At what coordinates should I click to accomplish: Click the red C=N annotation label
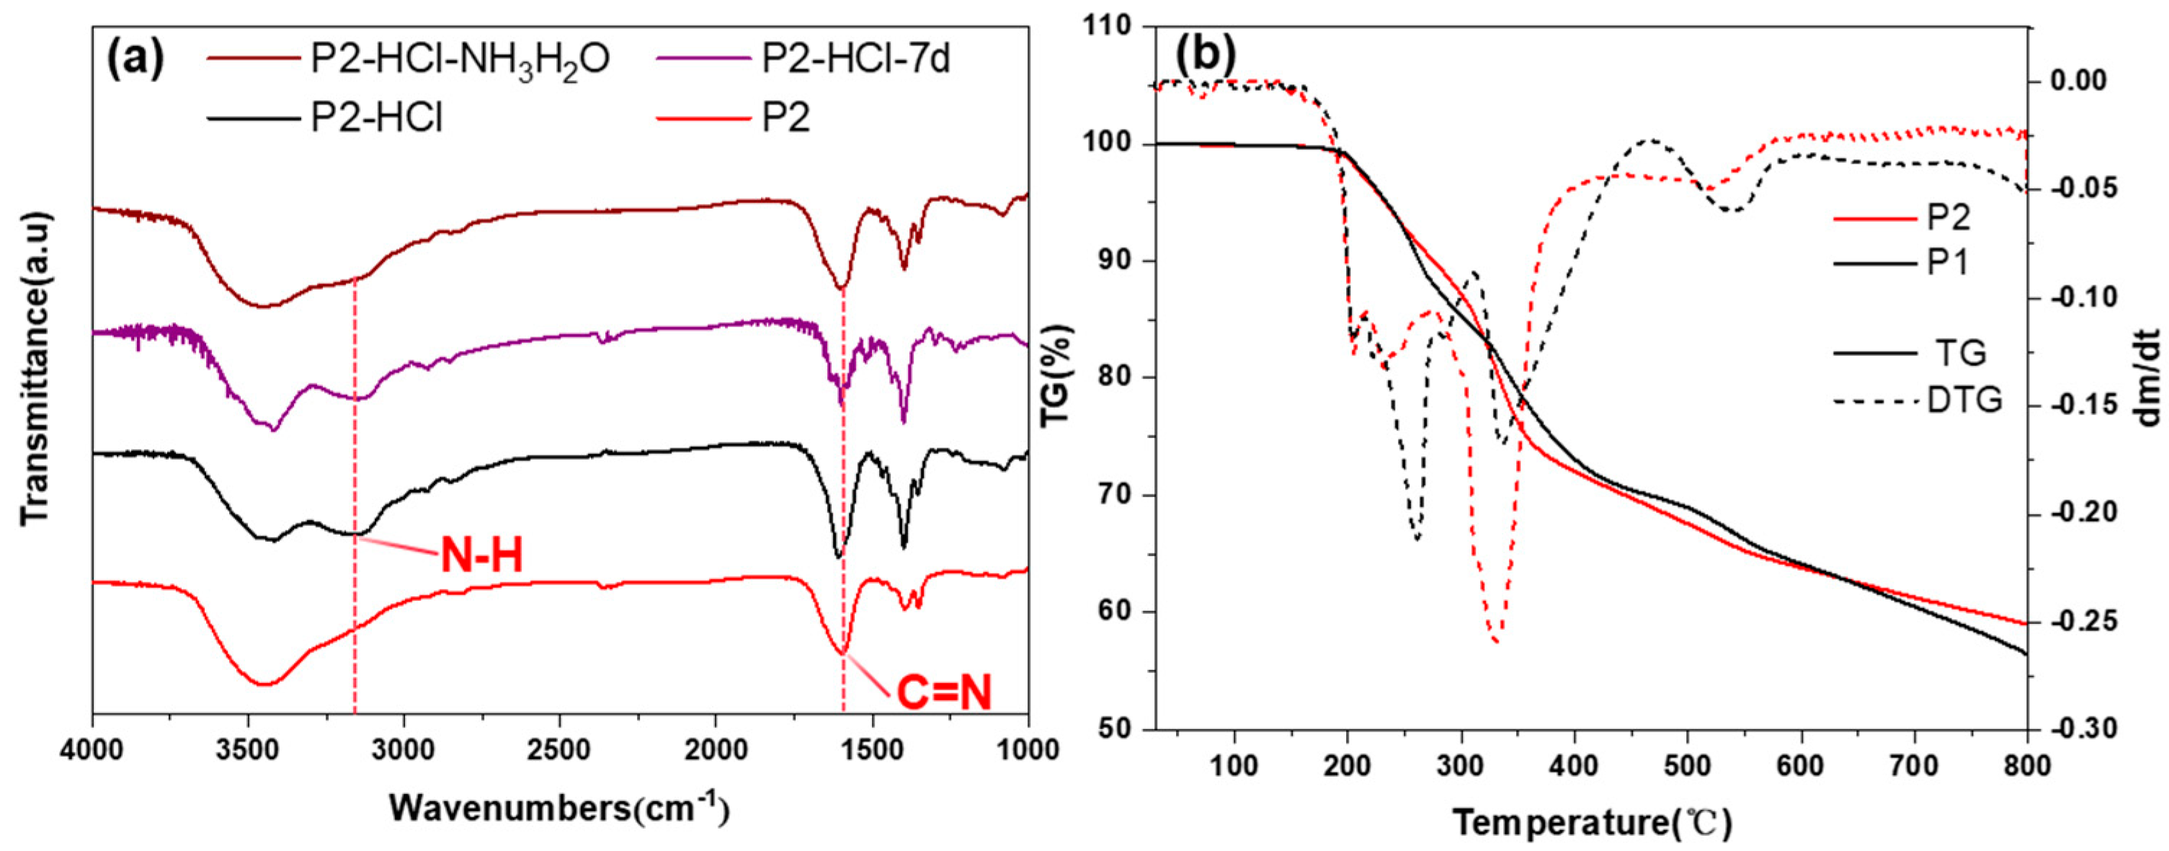click(943, 695)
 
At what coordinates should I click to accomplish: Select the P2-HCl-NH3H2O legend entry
click(460, 61)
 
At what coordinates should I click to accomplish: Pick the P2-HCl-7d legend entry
click(855, 61)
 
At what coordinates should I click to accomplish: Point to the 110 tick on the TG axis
click(1123, 27)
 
